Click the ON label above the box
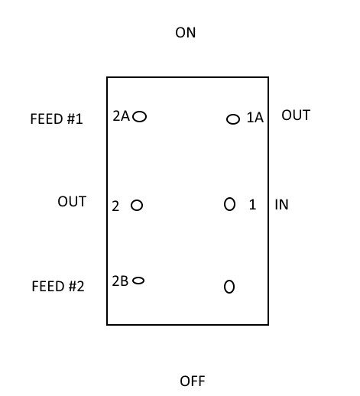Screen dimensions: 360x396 (x=186, y=33)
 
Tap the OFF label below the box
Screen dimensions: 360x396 (x=193, y=381)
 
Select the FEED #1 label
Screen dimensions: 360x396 (x=57, y=118)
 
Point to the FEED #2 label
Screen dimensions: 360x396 (x=58, y=286)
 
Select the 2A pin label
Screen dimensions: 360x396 (x=122, y=116)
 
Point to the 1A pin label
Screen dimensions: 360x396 (x=255, y=118)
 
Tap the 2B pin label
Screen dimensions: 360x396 (x=120, y=281)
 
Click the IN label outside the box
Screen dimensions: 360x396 (x=281, y=205)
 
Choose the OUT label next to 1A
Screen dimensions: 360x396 (x=296, y=115)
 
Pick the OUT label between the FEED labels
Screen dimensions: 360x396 (x=72, y=202)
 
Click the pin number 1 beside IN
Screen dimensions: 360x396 (x=252, y=204)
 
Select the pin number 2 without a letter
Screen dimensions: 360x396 (x=115, y=206)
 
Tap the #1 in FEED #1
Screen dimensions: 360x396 (x=75, y=118)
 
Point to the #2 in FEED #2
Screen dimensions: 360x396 (x=76, y=286)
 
